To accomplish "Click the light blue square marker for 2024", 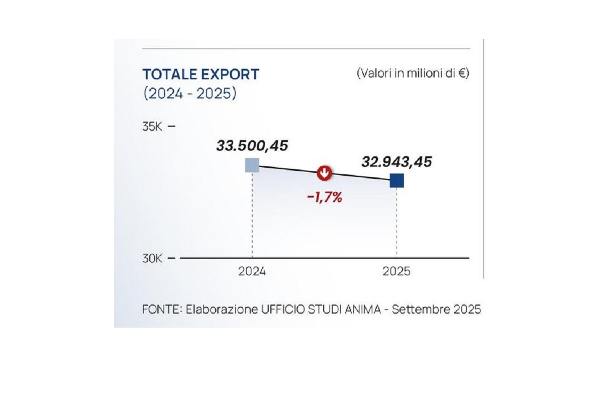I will [252, 165].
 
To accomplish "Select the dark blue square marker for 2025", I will [396, 180].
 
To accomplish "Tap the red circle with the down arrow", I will [325, 173].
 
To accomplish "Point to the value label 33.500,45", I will [252, 146].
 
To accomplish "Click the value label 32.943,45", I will [396, 162].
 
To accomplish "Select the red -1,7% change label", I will [324, 197].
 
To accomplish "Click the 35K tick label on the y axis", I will [152, 126].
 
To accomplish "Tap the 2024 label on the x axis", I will [252, 271].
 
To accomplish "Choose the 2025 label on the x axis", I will [396, 271].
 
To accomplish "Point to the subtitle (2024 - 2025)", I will [189, 93].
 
